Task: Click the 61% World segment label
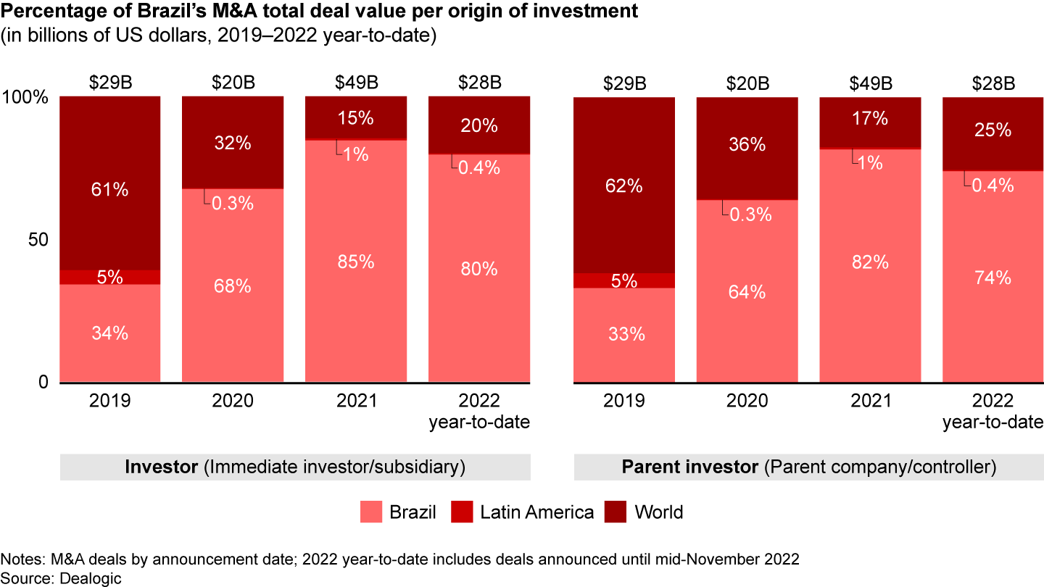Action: click(110, 191)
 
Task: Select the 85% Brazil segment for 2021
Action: click(356, 262)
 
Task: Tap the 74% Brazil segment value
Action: click(993, 278)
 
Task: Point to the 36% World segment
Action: click(747, 145)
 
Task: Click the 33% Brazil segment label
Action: click(624, 335)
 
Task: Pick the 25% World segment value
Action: click(993, 130)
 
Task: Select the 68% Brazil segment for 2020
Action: click(233, 286)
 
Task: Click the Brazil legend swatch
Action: click(370, 513)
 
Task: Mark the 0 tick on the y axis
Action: click(43, 382)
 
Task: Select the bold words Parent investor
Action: click(689, 467)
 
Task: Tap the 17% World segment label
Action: click(870, 118)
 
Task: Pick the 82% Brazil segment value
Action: click(870, 262)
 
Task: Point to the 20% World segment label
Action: click(479, 125)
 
